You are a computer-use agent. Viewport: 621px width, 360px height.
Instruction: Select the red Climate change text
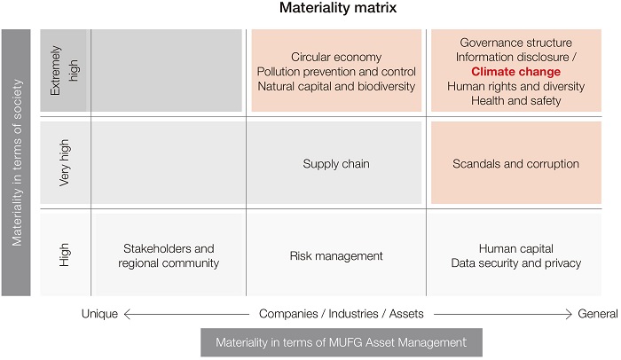tap(515, 72)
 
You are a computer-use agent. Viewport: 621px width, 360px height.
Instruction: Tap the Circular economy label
tap(336, 58)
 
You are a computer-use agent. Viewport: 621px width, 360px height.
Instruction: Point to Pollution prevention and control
tap(336, 72)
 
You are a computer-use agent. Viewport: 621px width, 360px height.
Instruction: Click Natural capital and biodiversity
tap(336, 86)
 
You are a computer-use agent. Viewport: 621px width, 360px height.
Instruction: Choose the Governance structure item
tap(515, 43)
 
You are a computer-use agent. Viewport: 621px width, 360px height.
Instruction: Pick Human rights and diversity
tap(515, 86)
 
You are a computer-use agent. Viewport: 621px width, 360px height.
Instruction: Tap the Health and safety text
tap(515, 100)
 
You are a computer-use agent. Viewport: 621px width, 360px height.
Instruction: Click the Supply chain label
tap(336, 164)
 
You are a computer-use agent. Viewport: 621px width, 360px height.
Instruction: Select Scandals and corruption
tap(515, 164)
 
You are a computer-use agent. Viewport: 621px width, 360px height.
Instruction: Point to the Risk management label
tap(336, 256)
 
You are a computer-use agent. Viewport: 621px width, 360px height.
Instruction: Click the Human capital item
tap(515, 249)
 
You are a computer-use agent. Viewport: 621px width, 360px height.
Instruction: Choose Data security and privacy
tap(515, 263)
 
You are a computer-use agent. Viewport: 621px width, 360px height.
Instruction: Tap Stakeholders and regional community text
tap(169, 256)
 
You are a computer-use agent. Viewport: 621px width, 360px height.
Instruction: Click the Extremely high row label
tap(64, 71)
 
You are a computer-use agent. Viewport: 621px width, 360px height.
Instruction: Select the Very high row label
tap(64, 163)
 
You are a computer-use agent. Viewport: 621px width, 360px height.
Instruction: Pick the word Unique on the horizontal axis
tap(99, 313)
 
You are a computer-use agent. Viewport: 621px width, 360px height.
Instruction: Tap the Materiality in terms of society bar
tap(17, 163)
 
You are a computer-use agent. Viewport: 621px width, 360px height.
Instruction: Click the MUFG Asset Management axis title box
tap(342, 342)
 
